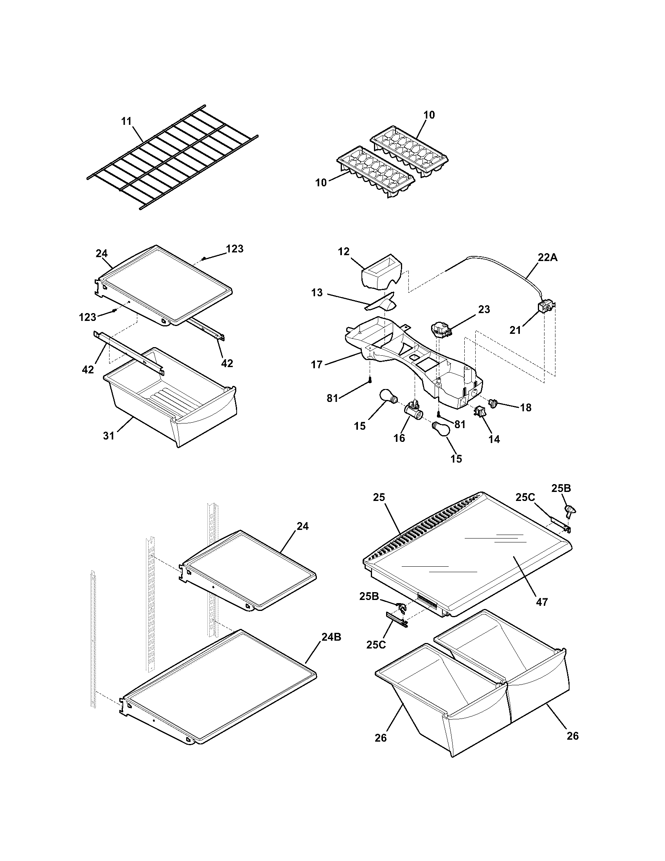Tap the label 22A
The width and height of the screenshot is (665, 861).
pyautogui.click(x=548, y=258)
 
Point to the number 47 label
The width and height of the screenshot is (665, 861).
pyautogui.click(x=542, y=613)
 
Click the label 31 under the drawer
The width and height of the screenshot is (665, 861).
pyautogui.click(x=109, y=436)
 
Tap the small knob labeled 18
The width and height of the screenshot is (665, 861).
pyautogui.click(x=492, y=403)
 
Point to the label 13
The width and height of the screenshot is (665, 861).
pyautogui.click(x=317, y=292)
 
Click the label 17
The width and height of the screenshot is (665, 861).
pyautogui.click(x=317, y=365)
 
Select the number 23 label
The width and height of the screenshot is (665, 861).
pyautogui.click(x=484, y=310)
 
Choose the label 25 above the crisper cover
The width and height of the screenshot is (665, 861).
pyautogui.click(x=380, y=497)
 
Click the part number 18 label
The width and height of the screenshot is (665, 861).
pyautogui.click(x=525, y=408)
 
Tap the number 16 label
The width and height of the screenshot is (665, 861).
pyautogui.click(x=399, y=438)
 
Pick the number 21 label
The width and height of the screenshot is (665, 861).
pyautogui.click(x=515, y=330)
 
